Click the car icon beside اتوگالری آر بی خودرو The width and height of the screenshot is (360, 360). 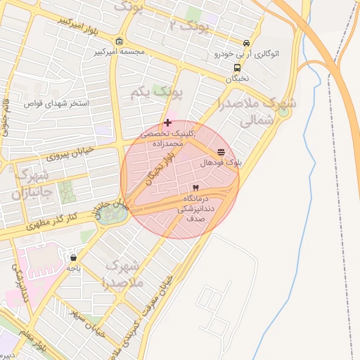click(x=245, y=43)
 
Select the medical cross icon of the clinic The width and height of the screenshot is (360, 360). click(x=167, y=122)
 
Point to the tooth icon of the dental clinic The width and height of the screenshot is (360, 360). click(x=195, y=188)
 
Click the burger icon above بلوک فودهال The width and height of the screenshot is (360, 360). click(x=221, y=152)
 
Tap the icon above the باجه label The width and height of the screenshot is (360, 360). click(x=74, y=257)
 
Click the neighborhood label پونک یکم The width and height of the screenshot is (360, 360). click(x=157, y=92)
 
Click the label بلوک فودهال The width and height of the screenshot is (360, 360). click(x=221, y=162)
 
